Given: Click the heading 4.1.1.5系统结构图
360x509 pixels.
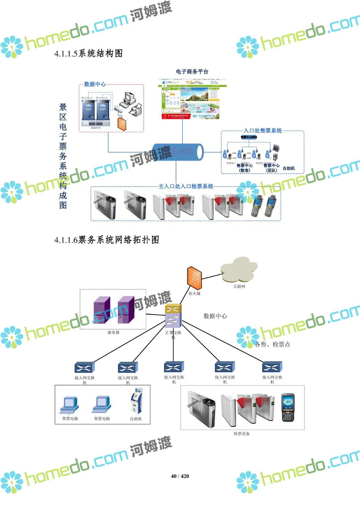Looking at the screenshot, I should pos(89,54).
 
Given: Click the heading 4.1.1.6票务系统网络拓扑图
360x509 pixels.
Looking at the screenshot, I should pos(107,240).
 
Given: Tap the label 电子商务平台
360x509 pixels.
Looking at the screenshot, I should pos(192,71).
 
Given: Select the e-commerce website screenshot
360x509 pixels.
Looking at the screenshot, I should pos(192,99).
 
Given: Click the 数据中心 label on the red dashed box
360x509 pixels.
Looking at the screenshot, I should pos(95,84).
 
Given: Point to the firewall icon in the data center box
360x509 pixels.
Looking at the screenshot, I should pos(122,124).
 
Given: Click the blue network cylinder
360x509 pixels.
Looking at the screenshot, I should pos(178,152).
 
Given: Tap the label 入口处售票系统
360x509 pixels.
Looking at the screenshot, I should pos(262,131).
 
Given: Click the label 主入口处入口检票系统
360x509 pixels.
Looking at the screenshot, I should pos(186,186).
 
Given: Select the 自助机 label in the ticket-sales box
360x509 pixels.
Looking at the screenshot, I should pos(289,168).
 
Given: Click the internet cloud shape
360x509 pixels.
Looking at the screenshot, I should pos(238,270).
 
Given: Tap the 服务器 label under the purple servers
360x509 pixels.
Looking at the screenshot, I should pos(113,332).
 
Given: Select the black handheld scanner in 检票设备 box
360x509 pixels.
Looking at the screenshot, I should pos(288,407).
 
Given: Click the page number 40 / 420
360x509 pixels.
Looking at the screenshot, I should pos(180,476).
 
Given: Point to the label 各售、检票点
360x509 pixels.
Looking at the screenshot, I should pos(273,344).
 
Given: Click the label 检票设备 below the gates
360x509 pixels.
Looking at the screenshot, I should pos(242,434).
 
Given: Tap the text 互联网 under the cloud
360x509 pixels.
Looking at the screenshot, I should pos(239,286).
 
